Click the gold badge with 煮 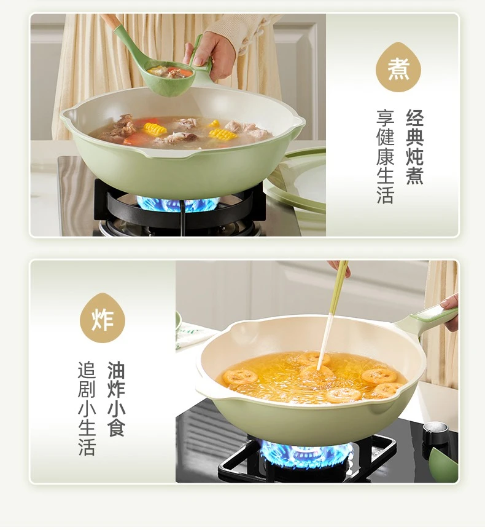click(x=398, y=68)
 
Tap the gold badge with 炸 click(x=103, y=318)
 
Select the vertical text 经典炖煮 click(x=414, y=147)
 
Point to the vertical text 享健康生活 click(x=385, y=156)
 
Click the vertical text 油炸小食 click(x=116, y=399)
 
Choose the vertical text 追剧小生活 click(x=87, y=409)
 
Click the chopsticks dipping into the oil click(x=333, y=314)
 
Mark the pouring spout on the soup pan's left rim click(x=67, y=114)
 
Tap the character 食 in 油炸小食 click(x=116, y=429)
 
